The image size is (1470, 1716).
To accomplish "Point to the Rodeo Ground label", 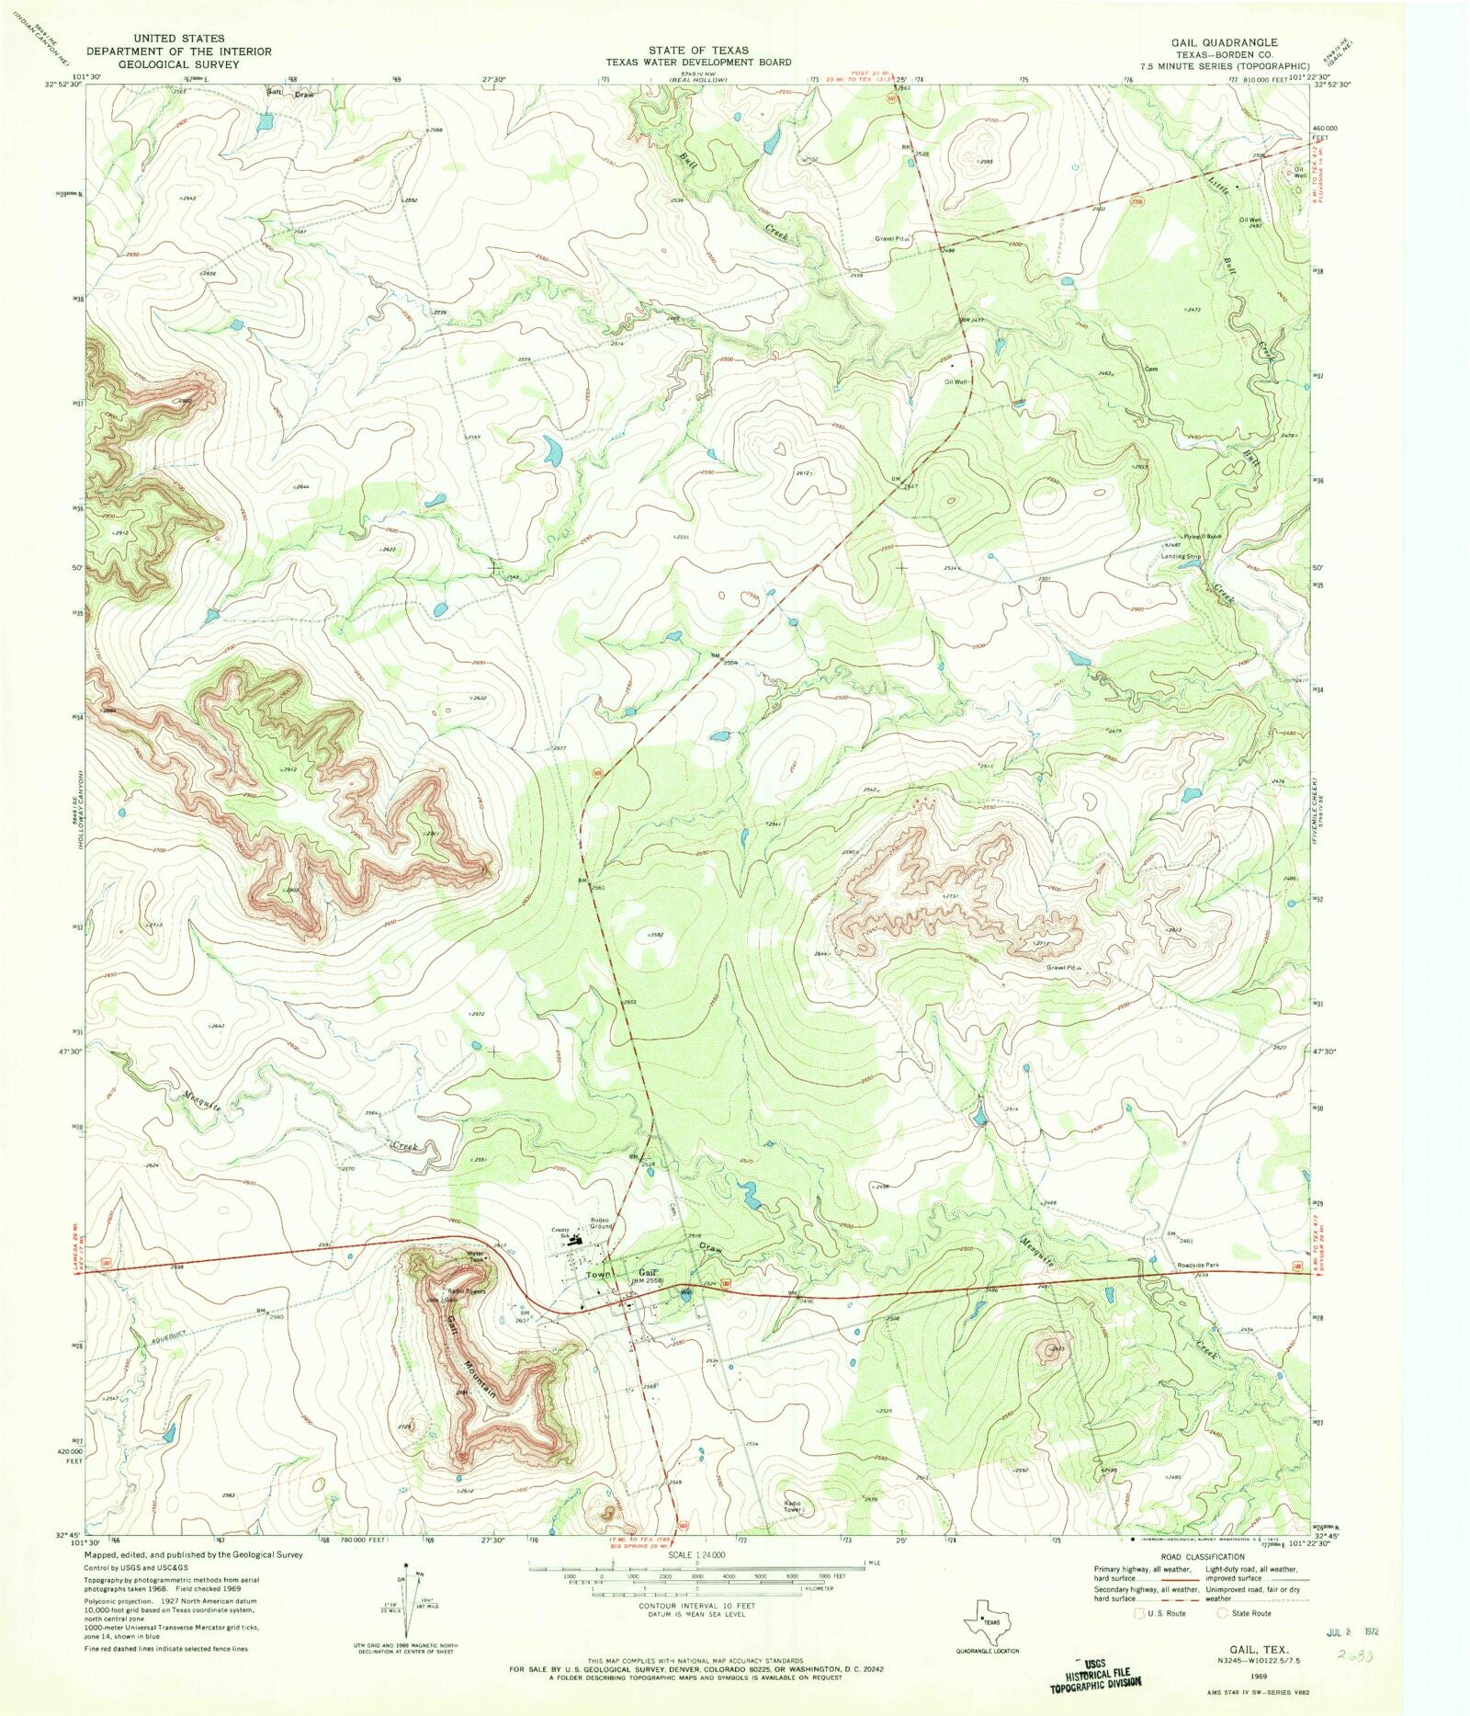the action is [x=601, y=1223].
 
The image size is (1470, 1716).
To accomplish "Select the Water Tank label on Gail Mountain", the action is [x=476, y=1256].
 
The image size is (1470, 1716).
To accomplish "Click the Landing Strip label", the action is [x=1181, y=556].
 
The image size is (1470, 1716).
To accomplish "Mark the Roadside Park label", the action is [x=1198, y=1266].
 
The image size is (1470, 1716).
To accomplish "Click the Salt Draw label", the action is [x=290, y=94].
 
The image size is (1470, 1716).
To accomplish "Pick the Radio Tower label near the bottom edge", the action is [x=793, y=1506].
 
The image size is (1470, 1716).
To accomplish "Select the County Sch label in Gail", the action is [x=560, y=1233].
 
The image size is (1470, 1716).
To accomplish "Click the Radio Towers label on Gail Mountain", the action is [x=466, y=1291].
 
